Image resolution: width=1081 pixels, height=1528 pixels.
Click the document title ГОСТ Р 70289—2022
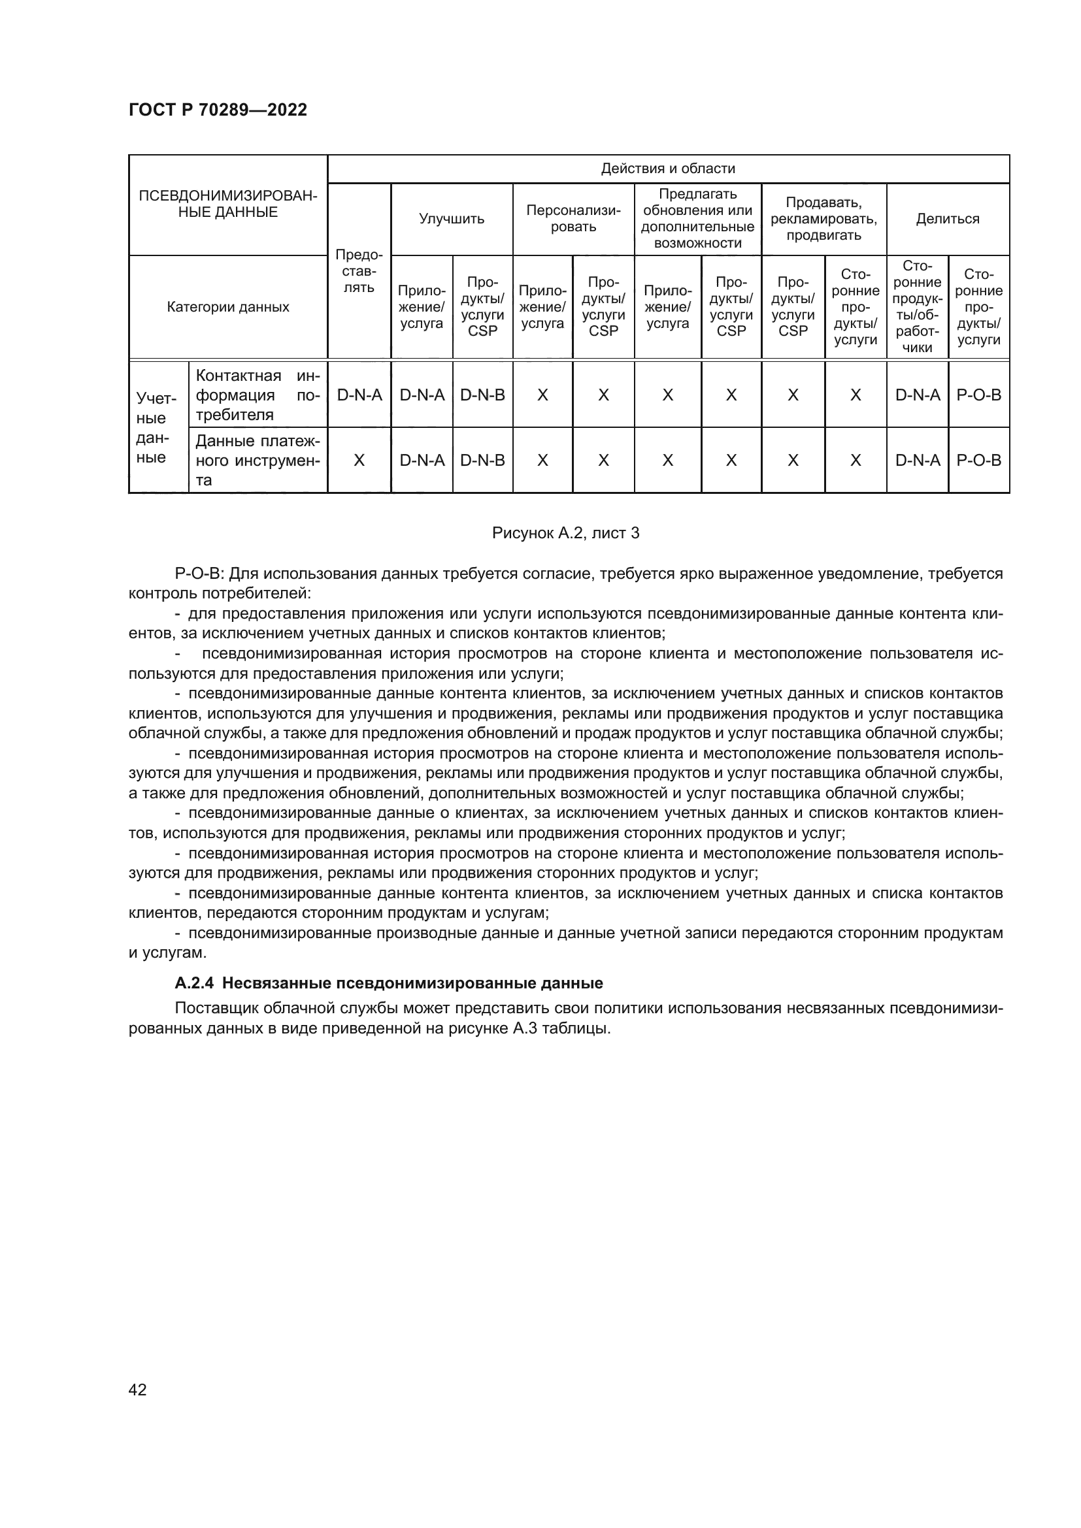(x=218, y=110)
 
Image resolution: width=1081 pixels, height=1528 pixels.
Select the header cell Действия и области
(x=668, y=169)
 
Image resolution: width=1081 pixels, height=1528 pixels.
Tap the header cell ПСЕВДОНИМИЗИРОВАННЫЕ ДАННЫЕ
(x=227, y=204)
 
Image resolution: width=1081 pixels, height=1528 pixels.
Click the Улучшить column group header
(x=452, y=219)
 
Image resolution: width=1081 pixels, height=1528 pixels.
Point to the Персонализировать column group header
(x=573, y=219)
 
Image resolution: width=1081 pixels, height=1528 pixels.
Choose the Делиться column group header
(x=947, y=219)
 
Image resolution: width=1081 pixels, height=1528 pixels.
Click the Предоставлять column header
(x=359, y=272)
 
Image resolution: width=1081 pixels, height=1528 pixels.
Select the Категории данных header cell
(x=227, y=308)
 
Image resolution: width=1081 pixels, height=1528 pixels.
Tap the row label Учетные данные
(x=158, y=427)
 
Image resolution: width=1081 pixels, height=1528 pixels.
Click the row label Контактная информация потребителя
(x=258, y=395)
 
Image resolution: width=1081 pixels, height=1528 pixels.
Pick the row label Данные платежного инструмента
(x=258, y=461)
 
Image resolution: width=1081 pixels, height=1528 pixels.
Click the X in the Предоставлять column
(x=359, y=461)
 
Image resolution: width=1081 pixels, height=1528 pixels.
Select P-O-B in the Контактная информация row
(x=978, y=395)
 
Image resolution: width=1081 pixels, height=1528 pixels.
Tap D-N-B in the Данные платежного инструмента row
(x=482, y=461)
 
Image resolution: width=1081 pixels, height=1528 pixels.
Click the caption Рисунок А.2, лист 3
(x=565, y=533)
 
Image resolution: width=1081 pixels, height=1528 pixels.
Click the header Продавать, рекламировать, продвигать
(x=823, y=219)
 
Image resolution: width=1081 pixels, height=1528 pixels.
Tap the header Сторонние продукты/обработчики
(x=916, y=307)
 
